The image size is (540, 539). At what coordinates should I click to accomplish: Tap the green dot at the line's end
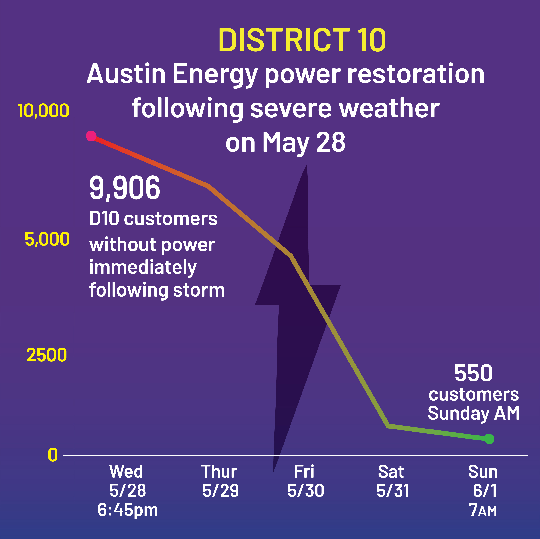(489, 439)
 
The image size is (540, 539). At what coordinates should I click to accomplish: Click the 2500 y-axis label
(47, 355)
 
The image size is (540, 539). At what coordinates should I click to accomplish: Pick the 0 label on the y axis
(53, 455)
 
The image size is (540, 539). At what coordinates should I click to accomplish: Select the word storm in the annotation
(199, 290)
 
